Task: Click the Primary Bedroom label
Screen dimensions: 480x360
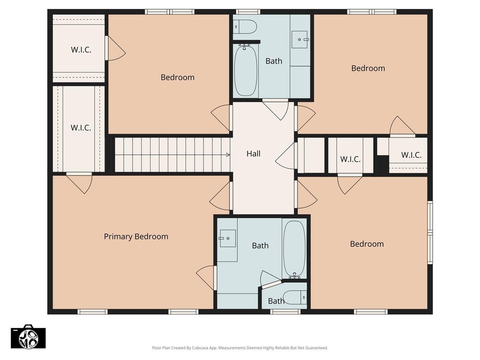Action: coord(136,237)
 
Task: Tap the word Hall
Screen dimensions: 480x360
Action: coord(254,154)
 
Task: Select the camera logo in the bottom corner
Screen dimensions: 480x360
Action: coord(28,337)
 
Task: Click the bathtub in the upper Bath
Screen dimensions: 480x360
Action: coord(246,70)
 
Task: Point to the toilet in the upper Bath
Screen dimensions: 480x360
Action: coord(245,27)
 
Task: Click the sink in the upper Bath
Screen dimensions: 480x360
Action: coord(300,39)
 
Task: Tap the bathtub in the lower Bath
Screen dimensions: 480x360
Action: coord(294,249)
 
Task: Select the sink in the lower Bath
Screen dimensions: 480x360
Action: coord(227,238)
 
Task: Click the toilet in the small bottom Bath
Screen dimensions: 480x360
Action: coord(294,297)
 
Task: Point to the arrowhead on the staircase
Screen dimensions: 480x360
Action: coord(228,155)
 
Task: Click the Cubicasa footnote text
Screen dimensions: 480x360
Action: coord(240,348)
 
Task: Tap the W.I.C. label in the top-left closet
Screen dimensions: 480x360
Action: coord(81,50)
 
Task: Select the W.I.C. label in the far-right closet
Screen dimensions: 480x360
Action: coord(412,155)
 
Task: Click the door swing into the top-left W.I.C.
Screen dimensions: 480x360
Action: coord(115,48)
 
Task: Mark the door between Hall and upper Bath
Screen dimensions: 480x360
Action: coord(276,109)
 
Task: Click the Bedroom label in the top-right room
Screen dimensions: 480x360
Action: coord(368,68)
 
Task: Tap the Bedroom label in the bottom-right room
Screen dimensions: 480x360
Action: coord(367,244)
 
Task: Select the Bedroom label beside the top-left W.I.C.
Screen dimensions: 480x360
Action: coord(178,77)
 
